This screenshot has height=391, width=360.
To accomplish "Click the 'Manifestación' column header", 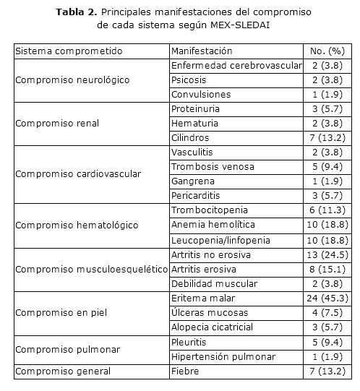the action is (x=202, y=51).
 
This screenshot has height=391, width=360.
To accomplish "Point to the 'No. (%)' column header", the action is (x=327, y=51).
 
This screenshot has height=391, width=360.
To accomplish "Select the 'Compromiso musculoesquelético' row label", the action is (x=90, y=269).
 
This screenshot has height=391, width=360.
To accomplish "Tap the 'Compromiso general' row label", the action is (x=64, y=371).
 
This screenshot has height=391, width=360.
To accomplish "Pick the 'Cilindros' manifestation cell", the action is (x=191, y=137).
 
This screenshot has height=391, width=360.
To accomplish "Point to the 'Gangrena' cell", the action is (x=191, y=181).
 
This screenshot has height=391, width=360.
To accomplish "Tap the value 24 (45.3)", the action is (x=326, y=298).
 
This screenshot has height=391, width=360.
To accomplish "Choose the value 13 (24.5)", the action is (x=326, y=254).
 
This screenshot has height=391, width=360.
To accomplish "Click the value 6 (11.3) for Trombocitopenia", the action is (x=326, y=210).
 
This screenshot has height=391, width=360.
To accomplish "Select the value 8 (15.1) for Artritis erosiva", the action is (x=326, y=269).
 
